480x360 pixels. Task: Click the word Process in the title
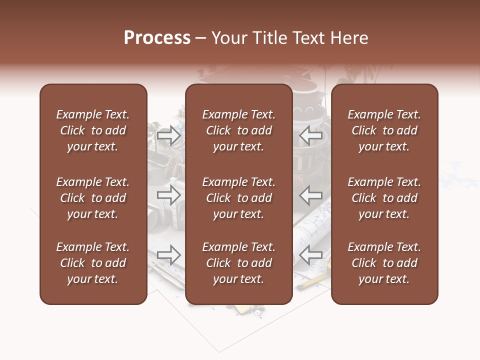click(x=157, y=38)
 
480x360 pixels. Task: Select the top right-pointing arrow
click(x=168, y=135)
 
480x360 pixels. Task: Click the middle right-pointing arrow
click(x=168, y=195)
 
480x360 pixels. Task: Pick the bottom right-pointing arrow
click(x=168, y=255)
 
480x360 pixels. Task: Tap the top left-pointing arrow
click(x=310, y=135)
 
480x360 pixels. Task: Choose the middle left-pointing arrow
click(x=310, y=195)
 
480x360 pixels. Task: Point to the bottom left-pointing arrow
click(x=310, y=255)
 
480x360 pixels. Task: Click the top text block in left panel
click(x=93, y=130)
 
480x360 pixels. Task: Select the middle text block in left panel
click(x=93, y=198)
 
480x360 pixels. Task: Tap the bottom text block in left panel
click(x=93, y=263)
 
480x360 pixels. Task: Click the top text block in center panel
click(x=238, y=130)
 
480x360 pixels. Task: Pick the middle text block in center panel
click(x=238, y=198)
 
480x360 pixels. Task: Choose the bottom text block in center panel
click(x=238, y=263)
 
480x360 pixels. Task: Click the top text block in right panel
click(x=384, y=130)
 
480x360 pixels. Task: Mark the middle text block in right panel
click(x=384, y=198)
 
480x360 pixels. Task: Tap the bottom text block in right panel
click(x=384, y=263)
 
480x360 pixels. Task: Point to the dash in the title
click(x=201, y=38)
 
